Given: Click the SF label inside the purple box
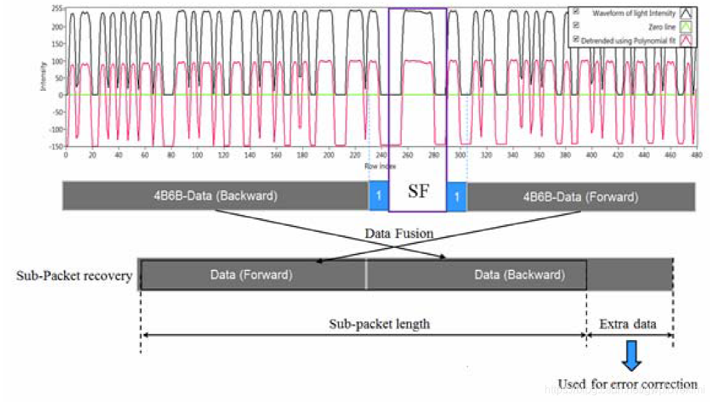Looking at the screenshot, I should tap(418, 192).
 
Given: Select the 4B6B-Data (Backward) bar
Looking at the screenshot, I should tap(215, 195).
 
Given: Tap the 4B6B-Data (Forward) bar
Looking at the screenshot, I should tap(580, 197).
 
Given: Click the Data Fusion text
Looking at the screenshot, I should tap(399, 234).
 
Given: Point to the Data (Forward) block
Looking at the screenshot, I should tap(251, 275).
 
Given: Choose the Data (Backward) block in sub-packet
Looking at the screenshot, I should tap(519, 275).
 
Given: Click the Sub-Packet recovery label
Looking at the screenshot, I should tap(74, 276).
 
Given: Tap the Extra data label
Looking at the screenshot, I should tap(628, 324).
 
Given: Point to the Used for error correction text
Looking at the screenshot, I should tap(627, 383).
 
